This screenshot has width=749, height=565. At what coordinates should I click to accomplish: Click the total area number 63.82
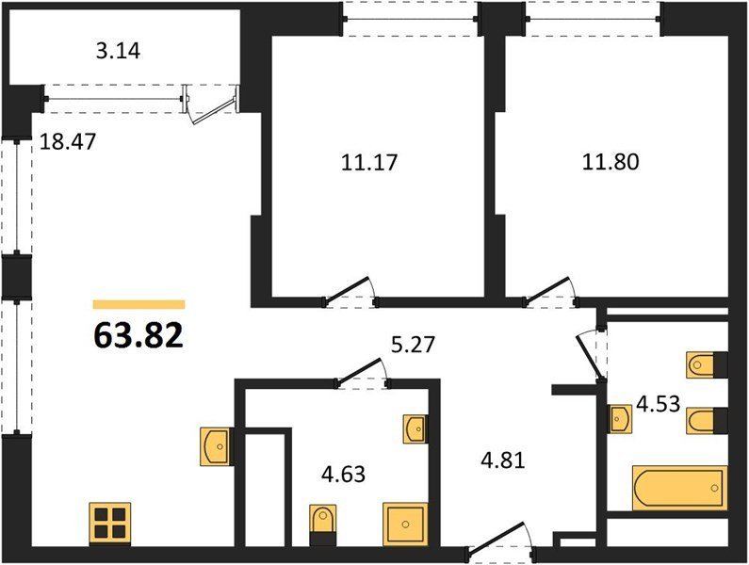pos(138,335)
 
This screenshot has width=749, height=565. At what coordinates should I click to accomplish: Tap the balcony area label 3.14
pos(118,51)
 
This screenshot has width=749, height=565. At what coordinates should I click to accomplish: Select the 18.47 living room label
pos(68,141)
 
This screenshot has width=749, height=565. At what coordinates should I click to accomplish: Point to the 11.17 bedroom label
pos(369,162)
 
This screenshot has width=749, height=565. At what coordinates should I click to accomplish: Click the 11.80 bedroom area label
pos(611,162)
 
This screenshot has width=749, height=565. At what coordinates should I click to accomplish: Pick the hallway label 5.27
pos(414,345)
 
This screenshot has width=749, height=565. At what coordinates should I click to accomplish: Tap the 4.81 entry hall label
pos(503,460)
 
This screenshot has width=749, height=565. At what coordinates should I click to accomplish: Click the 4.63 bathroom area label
pos(344,475)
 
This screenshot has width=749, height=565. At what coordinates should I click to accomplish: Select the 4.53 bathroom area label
pos(659,404)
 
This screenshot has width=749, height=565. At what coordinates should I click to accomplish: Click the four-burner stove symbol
pos(110,524)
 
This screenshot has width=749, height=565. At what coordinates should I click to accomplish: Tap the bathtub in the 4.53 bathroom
pos(679,488)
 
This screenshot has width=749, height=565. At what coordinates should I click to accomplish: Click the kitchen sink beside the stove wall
pos(216,446)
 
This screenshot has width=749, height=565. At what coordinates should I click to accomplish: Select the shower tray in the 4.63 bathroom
pos(405,524)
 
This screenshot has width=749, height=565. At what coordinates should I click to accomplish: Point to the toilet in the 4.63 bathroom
pos(323,525)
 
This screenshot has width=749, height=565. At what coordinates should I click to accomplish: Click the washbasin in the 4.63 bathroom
pos(415,428)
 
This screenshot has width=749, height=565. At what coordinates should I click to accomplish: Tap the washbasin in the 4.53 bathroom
pos(620,419)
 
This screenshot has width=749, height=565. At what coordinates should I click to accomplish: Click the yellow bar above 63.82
pos(139,305)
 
